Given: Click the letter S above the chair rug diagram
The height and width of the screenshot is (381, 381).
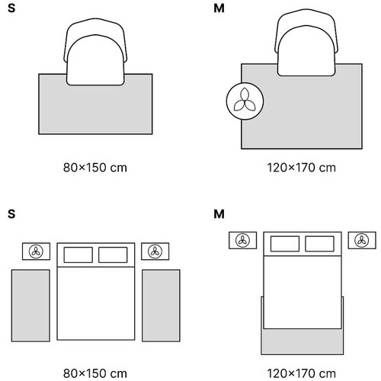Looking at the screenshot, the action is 11,8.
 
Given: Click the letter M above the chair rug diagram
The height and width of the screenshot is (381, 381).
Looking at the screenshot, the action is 219,8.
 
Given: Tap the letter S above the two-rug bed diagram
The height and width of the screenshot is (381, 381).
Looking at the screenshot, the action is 11,214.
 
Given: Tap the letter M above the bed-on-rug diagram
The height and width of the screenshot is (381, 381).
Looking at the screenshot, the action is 219,214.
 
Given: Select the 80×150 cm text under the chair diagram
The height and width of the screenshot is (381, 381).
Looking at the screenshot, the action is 95,168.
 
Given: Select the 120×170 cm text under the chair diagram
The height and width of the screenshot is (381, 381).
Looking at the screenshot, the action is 301,168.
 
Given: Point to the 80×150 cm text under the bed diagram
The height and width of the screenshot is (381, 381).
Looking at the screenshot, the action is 95,373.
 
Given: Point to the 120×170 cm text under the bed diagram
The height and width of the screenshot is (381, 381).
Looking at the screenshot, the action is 301,373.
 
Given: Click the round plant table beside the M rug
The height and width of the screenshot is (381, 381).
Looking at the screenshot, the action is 245,101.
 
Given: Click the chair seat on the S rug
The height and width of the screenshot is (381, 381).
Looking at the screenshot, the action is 95,60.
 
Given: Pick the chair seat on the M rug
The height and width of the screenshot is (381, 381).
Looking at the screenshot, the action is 306,51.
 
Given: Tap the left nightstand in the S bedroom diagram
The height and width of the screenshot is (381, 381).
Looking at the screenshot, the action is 36,251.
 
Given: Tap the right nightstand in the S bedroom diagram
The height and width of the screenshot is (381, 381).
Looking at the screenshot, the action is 155,251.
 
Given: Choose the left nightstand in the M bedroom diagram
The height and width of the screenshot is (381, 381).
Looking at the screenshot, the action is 243,240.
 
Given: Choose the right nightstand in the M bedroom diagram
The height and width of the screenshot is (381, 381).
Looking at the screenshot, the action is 362,240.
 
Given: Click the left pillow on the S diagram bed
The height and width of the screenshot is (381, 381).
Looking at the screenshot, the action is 78,255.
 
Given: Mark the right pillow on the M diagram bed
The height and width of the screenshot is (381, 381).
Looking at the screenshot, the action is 319,244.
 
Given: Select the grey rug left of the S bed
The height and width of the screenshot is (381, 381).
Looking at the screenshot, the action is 30,306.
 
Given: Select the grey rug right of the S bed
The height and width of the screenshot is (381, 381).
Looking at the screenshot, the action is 161,306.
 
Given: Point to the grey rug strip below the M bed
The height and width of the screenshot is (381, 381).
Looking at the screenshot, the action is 303,342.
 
